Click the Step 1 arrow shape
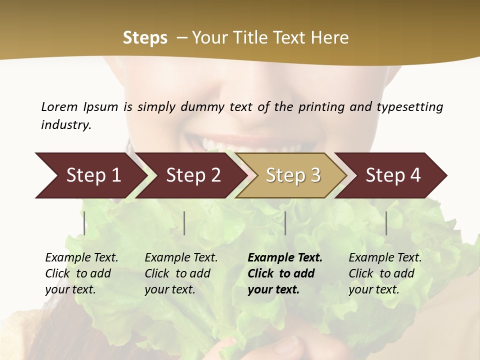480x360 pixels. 90,175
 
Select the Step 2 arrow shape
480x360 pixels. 192,175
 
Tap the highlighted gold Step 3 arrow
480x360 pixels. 292,175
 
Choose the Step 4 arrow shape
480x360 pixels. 392,175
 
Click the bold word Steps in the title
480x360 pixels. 145,37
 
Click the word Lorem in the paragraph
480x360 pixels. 59,106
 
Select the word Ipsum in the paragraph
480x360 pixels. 100,106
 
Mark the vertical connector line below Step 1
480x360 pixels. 84,223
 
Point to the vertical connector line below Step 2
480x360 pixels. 184,223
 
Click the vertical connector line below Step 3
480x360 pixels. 285,223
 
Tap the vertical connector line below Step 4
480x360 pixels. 386,223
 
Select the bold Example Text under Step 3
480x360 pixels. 285,258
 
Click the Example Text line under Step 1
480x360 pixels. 81,258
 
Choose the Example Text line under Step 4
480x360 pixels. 385,258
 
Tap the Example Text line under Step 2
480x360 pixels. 181,258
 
